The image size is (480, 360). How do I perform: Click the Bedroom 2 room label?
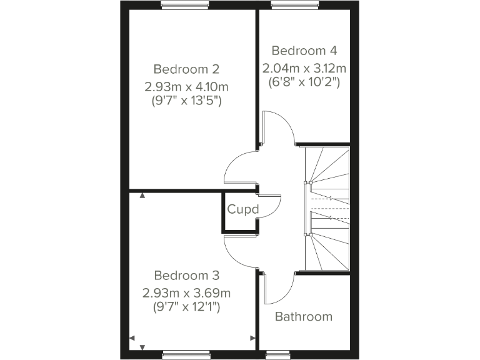click(x=186, y=69)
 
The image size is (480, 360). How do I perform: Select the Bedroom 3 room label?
click(x=186, y=276)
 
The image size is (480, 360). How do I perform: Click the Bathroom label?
click(x=304, y=317)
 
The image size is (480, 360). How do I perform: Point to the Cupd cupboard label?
click(x=242, y=209)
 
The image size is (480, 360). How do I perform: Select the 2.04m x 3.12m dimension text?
click(x=304, y=67)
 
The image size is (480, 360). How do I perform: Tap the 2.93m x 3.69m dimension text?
click(x=186, y=292)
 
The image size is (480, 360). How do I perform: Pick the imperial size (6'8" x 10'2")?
click(x=304, y=82)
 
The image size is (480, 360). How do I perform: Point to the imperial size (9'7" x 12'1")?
click(x=186, y=306)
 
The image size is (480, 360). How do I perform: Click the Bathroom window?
click(x=275, y=355)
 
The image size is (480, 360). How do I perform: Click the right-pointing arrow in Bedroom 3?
click(x=252, y=338)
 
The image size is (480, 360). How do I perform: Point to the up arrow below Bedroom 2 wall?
click(x=142, y=196)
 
